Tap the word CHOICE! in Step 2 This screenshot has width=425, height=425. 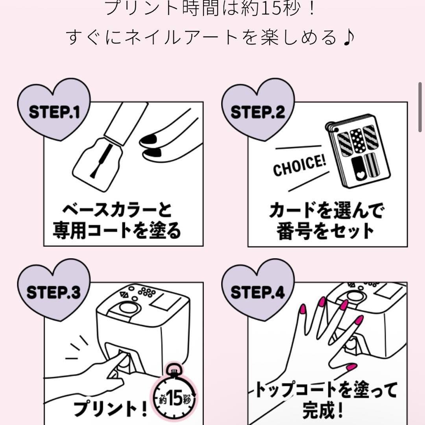(x=300, y=166)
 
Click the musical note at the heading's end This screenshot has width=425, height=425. (x=349, y=37)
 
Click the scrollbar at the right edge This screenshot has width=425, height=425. (x=420, y=106)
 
